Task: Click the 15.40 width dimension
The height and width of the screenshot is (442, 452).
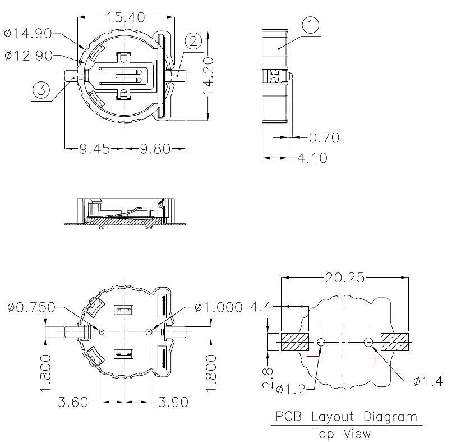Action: pos(126,17)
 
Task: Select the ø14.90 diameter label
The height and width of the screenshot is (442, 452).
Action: pos(28,33)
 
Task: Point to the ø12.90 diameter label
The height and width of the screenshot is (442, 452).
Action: pos(29,55)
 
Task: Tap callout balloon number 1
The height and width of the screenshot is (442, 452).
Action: pos(311,25)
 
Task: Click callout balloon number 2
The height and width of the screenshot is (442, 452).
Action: pos(193,42)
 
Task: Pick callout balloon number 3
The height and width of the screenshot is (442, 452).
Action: pos(41,90)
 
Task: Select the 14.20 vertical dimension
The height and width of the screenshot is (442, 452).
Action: pos(208,76)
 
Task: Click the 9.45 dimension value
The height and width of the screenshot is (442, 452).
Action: pos(95,149)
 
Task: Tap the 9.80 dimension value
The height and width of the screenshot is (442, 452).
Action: pos(155,149)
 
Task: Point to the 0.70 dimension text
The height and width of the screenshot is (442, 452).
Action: pos(324,138)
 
